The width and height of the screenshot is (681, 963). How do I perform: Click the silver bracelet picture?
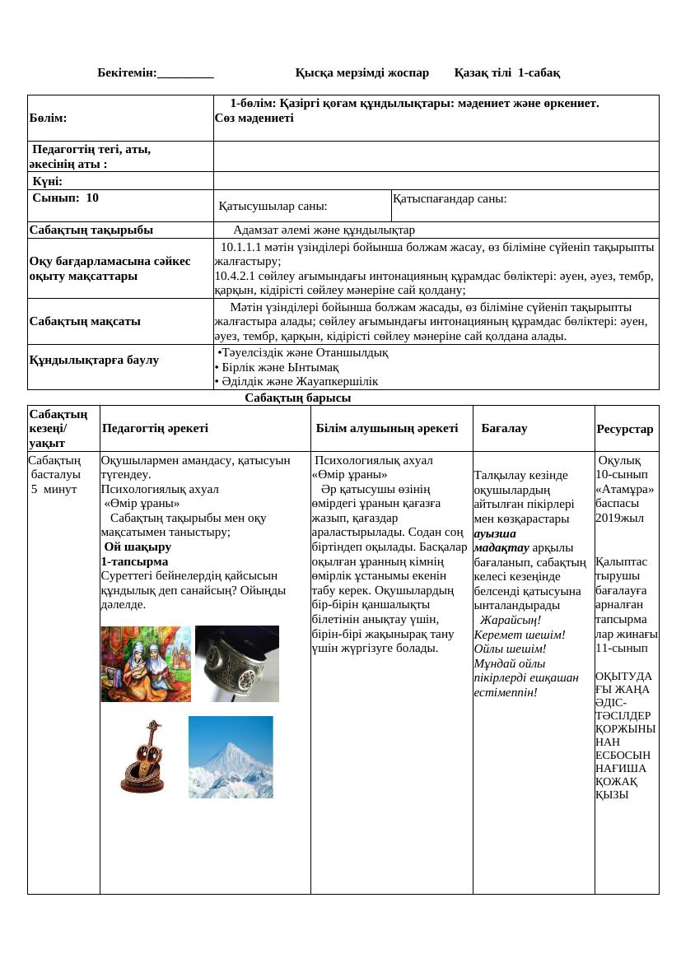[x=236, y=663]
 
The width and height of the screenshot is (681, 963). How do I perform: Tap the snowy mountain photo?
[x=231, y=756]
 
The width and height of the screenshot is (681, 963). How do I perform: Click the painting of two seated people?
[x=146, y=663]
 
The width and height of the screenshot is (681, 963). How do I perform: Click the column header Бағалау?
[x=504, y=428]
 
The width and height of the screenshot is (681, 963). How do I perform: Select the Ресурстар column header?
[x=625, y=429]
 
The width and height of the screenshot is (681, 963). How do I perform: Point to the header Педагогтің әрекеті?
[x=155, y=428]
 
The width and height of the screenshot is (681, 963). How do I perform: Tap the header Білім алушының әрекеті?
[x=387, y=428]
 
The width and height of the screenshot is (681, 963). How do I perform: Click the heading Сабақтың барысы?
[x=297, y=398]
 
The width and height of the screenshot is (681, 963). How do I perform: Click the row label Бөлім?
[x=49, y=118]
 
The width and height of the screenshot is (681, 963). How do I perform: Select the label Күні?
[x=48, y=181]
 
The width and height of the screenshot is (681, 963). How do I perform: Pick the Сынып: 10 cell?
[x=66, y=198]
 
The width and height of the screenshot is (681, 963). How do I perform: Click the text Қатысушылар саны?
[x=273, y=206]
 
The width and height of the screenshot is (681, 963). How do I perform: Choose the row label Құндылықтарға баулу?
[x=94, y=360]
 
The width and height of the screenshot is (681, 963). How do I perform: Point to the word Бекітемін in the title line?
[x=126, y=72]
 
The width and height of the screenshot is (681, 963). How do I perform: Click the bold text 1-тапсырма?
[x=134, y=561]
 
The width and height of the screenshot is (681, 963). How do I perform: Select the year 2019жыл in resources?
[x=619, y=518]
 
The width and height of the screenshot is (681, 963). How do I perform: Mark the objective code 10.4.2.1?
[x=237, y=276]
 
